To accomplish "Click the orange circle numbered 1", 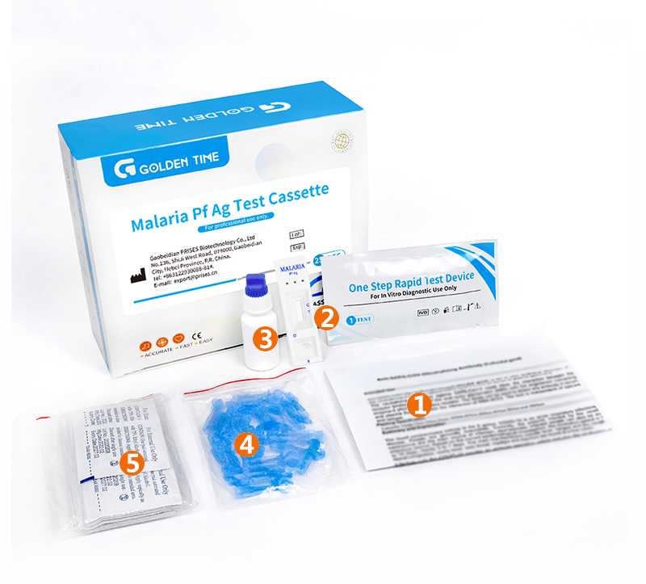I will click(x=418, y=405).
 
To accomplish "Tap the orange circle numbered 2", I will click(x=325, y=317).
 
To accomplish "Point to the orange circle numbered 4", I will click(x=247, y=444).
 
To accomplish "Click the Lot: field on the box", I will click(x=297, y=234).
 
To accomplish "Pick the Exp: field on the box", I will click(x=297, y=250).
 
